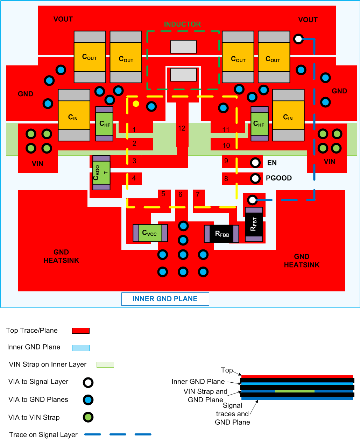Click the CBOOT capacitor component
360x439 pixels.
[x=101, y=173]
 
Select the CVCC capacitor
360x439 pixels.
[x=150, y=233]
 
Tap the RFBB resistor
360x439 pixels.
[x=221, y=234]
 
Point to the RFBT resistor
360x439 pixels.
[x=254, y=224]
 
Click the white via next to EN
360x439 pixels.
[x=255, y=163]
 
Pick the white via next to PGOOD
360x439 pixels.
[x=255, y=178]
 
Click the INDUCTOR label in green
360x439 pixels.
[x=182, y=24]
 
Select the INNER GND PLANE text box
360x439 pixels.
[x=165, y=299]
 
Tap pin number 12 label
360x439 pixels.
[x=182, y=128]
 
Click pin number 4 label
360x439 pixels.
[x=134, y=178]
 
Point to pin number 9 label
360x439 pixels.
[x=226, y=161]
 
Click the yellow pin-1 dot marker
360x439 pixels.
[x=136, y=104]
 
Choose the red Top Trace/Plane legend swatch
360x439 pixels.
[x=81, y=331]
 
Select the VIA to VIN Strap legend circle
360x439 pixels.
[x=88, y=417]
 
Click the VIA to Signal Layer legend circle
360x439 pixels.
[x=88, y=382]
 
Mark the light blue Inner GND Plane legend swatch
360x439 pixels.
[x=81, y=348]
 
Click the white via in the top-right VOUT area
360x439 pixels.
[x=298, y=39]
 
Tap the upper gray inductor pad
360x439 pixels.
[x=183, y=47]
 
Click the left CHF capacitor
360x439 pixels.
[x=104, y=124]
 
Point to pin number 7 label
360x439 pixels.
[x=198, y=194]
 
